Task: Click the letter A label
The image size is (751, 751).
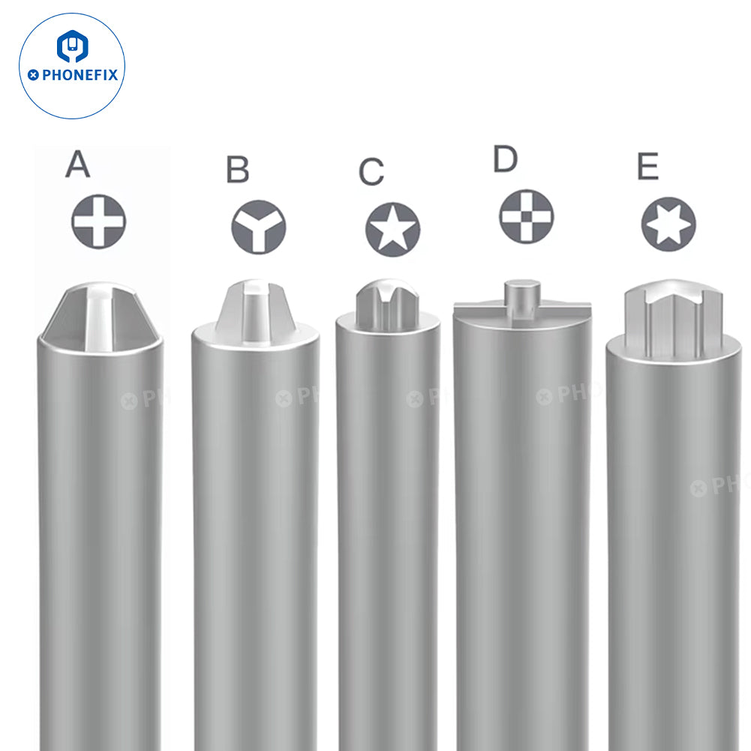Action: tap(78, 164)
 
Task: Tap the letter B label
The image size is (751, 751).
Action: tap(237, 170)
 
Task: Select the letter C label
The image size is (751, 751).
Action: tap(371, 172)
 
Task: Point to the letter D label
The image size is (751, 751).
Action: tap(506, 159)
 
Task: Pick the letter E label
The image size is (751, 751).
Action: tap(647, 167)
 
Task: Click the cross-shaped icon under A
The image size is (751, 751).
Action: tap(98, 221)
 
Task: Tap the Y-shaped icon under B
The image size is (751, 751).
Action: tap(258, 226)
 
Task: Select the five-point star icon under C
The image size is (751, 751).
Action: tap(392, 229)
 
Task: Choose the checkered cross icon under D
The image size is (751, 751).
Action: tap(527, 216)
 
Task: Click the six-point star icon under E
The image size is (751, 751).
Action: tap(668, 224)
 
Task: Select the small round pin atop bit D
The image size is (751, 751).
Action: tap(521, 291)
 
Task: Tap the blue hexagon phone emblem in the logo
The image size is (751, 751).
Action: tap(72, 47)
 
